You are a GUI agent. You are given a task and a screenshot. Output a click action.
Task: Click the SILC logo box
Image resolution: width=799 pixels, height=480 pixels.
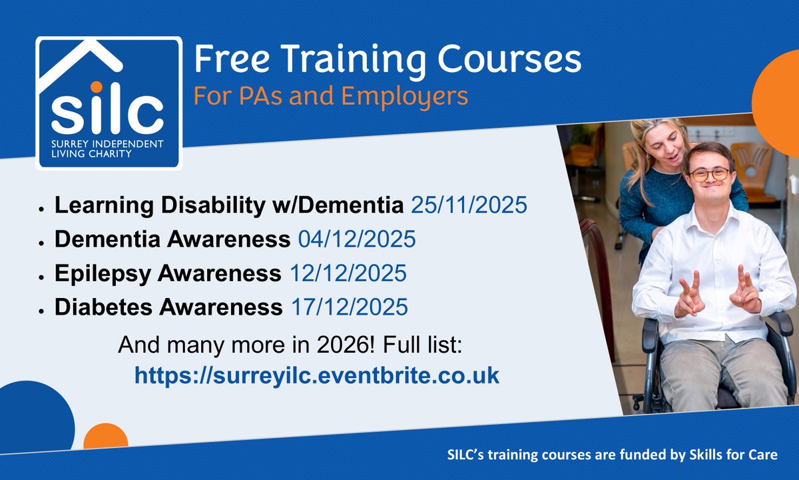109,103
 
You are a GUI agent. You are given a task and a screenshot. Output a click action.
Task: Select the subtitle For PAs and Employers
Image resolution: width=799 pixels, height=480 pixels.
330,96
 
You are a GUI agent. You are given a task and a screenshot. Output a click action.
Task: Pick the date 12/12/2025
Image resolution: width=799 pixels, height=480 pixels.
348,273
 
